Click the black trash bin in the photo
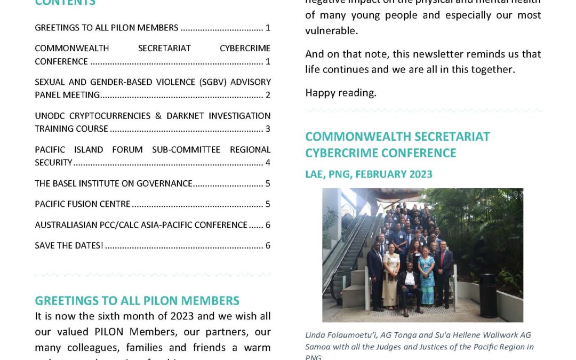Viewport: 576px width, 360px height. [x=488, y=295]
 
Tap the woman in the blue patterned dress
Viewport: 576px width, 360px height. [x=426, y=272]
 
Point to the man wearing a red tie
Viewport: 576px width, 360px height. [x=443, y=267]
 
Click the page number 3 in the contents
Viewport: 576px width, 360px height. [x=268, y=129]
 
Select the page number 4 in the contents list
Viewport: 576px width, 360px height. [x=268, y=163]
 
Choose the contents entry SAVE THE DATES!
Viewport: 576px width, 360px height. [x=69, y=246]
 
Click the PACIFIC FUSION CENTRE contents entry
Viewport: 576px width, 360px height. [x=83, y=204]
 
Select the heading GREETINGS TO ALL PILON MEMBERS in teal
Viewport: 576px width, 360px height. [x=137, y=301]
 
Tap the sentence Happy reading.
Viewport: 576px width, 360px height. [x=341, y=93]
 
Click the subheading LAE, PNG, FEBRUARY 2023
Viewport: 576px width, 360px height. [x=369, y=174]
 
